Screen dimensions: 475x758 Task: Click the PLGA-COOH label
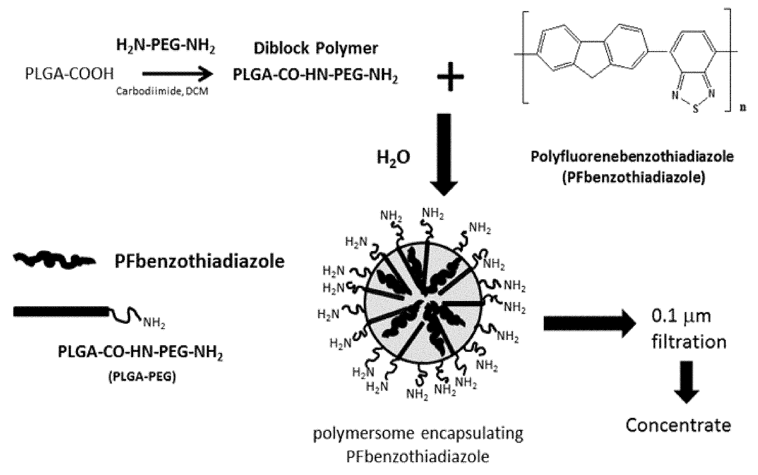69,75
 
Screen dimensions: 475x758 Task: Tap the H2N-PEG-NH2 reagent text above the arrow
166,46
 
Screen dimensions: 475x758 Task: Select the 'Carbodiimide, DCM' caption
162,91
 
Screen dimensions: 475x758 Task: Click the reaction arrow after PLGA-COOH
178,74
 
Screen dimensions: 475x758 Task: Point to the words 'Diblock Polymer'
316,48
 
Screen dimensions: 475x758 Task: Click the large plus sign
450,76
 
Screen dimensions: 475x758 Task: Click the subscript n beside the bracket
743,108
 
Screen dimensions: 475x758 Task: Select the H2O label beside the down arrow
393,157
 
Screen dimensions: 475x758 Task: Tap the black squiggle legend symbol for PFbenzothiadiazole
54,261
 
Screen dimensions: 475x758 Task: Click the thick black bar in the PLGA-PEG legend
61,311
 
